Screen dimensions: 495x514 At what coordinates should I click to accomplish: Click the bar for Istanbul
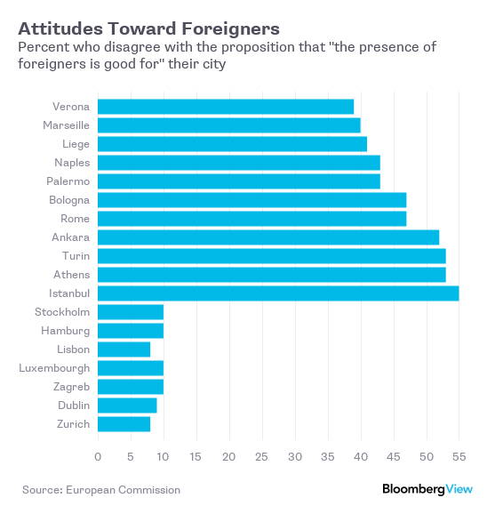pos(278,293)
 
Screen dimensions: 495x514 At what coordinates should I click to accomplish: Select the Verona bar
pos(226,107)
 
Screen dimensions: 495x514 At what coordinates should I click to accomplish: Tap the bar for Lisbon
pos(124,349)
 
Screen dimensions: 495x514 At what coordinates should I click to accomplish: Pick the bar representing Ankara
pos(268,237)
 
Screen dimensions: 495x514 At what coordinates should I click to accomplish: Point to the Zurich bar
pos(124,424)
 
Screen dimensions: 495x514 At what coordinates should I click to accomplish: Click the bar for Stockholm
pos(131,312)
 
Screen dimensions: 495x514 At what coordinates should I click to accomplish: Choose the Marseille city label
pos(66,125)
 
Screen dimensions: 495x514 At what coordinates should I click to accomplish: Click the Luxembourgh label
pos(54,368)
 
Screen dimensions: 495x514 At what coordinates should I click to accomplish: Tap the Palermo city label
pos(68,181)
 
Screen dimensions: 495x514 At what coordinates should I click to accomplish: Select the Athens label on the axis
pos(72,275)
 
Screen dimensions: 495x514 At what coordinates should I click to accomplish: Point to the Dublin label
pos(74,406)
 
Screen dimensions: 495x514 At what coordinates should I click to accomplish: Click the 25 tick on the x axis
pos(261,456)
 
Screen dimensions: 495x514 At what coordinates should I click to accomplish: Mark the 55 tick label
pos(459,456)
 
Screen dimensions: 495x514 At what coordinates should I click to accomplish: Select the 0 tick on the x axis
pos(98,456)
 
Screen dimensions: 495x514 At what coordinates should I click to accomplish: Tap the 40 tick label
pos(361,456)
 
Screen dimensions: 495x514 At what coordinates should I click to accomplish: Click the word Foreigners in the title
pos(231,28)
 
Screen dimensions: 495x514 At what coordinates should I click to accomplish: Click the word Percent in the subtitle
pos(43,47)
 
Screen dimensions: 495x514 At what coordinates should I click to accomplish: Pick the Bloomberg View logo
pos(427,489)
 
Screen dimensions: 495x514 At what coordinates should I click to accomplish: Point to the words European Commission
pos(124,490)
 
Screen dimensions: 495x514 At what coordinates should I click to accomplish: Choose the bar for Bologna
pos(252,200)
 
